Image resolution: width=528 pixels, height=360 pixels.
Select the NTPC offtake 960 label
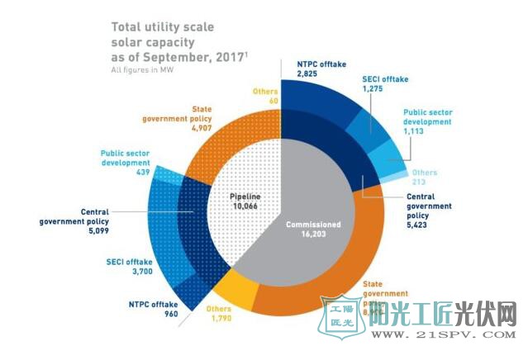(150, 308)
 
